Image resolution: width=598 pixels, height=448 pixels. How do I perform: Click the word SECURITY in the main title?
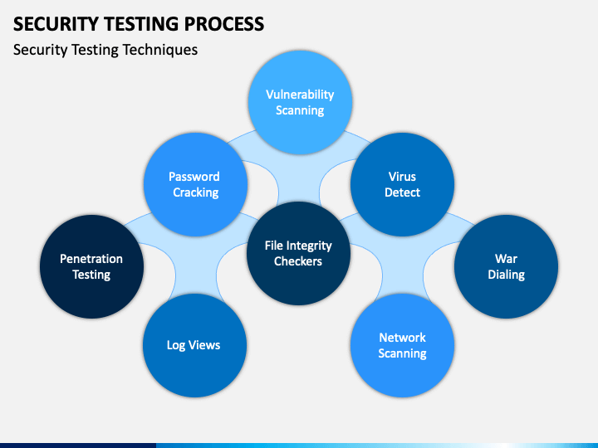point(56,24)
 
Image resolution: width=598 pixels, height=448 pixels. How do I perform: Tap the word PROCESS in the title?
point(224,24)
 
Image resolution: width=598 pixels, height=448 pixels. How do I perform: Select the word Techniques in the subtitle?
point(160,50)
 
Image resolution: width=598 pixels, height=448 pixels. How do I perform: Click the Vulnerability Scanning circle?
point(300,103)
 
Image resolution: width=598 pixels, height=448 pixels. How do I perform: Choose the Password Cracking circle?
point(196,184)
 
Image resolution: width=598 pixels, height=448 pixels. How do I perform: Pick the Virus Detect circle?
point(402,184)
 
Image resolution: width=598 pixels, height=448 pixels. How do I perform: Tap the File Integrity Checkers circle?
point(299,253)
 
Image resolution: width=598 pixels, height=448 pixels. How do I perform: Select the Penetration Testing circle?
point(91,266)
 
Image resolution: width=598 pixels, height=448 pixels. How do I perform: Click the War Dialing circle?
point(506,266)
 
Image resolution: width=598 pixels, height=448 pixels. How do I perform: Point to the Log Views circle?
point(195,345)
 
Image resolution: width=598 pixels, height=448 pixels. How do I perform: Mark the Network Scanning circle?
point(402,345)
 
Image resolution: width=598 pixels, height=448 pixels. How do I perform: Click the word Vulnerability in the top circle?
point(300,95)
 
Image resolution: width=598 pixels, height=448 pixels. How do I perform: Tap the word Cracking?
point(196,192)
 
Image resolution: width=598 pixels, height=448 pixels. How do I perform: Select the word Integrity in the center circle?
point(309,246)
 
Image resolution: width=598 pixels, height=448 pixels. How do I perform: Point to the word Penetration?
point(91,259)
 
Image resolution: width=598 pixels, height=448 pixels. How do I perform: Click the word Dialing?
point(506,275)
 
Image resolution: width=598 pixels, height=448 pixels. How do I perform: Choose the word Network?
point(402,338)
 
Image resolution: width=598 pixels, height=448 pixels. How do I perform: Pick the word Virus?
point(402,177)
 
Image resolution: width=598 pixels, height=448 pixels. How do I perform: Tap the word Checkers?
point(298,261)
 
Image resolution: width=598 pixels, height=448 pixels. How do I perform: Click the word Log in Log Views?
point(176,345)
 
